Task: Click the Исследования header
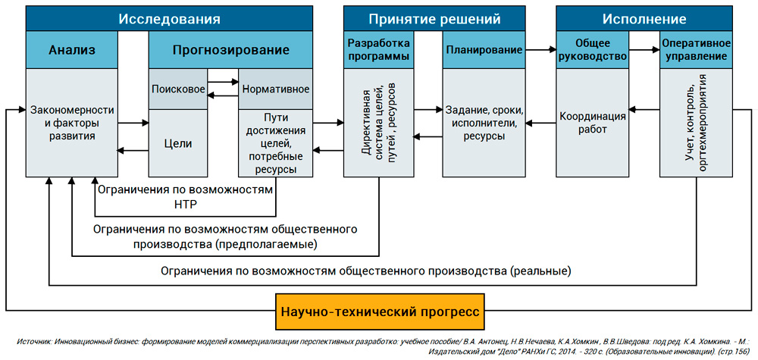coord(169,18)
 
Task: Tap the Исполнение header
coord(644,18)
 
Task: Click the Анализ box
coord(72,51)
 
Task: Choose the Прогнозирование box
coord(230,51)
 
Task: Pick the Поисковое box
coord(178,89)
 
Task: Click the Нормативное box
coord(275,89)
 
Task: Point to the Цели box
coord(178,143)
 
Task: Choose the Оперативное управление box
coord(695,50)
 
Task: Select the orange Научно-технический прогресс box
coord(379,311)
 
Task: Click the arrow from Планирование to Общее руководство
coord(540,50)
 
